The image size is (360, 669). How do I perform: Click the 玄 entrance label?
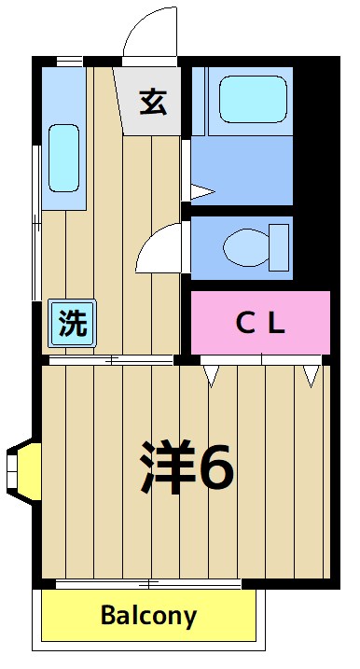[154, 101]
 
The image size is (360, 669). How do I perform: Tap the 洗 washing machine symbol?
[71, 323]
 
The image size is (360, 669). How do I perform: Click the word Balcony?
[148, 616]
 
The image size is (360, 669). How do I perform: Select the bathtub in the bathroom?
[251, 97]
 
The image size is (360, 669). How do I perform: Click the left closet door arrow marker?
[213, 375]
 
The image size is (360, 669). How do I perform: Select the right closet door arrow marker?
[311, 375]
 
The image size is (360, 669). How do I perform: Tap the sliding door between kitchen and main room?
[111, 359]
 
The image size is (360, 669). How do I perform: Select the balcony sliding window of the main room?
[148, 584]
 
